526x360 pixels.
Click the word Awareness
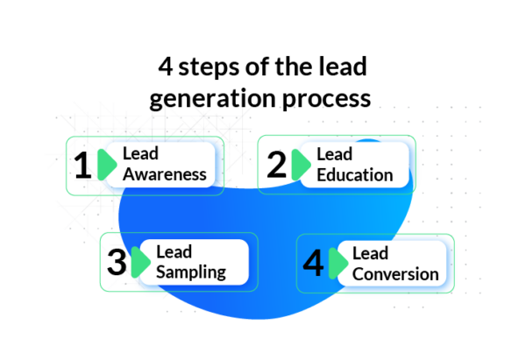(165, 174)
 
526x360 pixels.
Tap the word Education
(354, 174)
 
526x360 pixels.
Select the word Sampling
(190, 272)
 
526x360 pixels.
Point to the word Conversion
(394, 274)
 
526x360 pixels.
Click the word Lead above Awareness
(140, 154)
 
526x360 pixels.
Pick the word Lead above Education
(334, 154)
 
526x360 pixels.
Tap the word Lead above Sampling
(174, 252)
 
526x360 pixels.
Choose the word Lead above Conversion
(370, 254)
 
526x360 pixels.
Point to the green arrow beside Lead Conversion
(338, 263)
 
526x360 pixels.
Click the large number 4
(313, 263)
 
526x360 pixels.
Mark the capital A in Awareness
(129, 174)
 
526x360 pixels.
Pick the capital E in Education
(322, 174)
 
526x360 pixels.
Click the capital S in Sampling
(161, 272)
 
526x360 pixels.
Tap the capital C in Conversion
(358, 274)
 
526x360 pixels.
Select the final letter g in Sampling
(220, 275)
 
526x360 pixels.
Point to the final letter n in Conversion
(433, 275)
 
